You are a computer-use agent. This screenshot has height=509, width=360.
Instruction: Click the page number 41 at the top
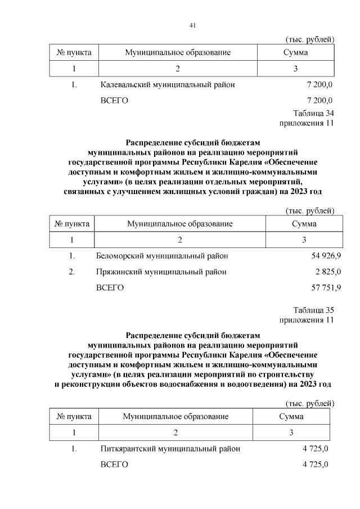(x=192, y=25)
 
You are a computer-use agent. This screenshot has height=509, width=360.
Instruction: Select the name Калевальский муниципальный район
(x=168, y=85)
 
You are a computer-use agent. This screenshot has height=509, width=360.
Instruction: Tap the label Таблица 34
(x=313, y=113)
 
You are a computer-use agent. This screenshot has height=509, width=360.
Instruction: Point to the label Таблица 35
(x=313, y=310)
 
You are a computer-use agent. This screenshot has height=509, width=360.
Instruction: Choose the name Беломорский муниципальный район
(x=163, y=256)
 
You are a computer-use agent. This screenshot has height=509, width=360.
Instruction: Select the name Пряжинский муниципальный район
(x=161, y=272)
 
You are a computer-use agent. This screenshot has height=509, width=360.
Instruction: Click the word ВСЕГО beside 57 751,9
(x=110, y=287)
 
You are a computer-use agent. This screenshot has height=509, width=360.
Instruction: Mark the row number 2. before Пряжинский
(x=71, y=272)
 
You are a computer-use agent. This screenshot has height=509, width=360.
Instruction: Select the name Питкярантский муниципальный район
(x=170, y=449)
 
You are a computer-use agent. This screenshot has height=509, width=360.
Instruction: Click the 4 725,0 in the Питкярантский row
(x=315, y=449)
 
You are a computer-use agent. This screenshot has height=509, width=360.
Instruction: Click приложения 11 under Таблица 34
(x=307, y=123)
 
